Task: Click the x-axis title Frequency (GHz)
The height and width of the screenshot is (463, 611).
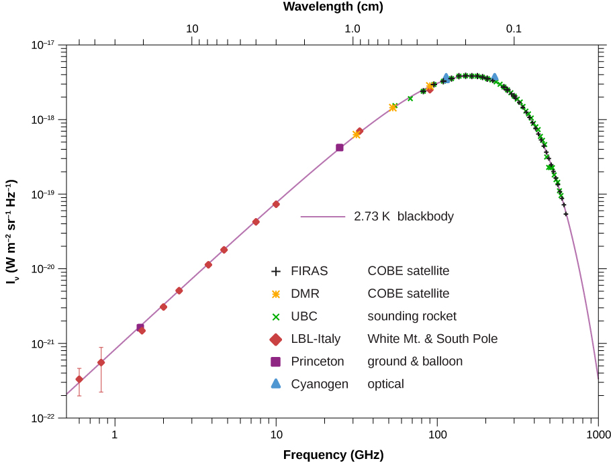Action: (x=333, y=454)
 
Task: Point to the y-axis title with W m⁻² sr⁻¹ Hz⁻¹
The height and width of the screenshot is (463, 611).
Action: (x=11, y=232)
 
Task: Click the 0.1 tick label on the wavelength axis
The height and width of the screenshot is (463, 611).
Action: (x=514, y=29)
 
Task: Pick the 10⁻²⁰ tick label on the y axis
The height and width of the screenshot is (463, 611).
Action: (x=45, y=269)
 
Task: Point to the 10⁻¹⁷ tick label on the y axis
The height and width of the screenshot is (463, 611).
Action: (x=45, y=45)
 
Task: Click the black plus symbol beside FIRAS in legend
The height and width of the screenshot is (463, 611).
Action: (x=275, y=272)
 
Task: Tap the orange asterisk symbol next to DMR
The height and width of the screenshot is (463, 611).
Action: (x=275, y=294)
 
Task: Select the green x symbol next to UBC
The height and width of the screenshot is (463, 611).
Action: (x=275, y=317)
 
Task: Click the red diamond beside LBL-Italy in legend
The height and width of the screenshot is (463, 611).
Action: (x=275, y=339)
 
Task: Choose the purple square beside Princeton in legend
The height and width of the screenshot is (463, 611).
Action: (x=275, y=362)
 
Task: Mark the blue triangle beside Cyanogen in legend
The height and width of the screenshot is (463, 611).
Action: (x=275, y=384)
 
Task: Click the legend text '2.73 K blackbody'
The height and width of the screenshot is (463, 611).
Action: (x=404, y=217)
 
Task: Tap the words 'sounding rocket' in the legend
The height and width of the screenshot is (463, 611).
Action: (x=412, y=316)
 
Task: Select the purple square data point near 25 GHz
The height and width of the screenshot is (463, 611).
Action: (x=340, y=148)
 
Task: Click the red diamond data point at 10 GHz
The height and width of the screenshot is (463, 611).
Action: (x=276, y=204)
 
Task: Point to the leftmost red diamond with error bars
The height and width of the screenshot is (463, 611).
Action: (x=79, y=380)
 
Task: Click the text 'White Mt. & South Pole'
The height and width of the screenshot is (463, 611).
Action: (x=432, y=339)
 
